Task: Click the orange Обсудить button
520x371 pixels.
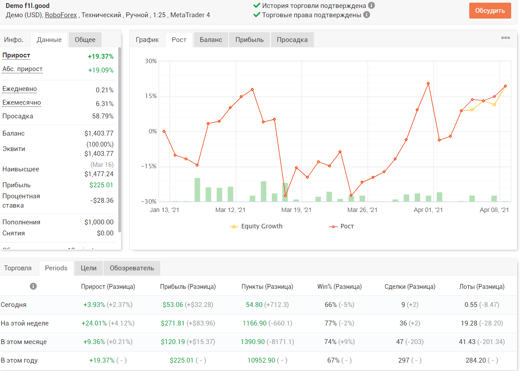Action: point(490,11)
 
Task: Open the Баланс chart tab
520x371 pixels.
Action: point(211,40)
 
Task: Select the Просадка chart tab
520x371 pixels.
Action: point(292,40)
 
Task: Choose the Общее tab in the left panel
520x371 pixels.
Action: point(85,40)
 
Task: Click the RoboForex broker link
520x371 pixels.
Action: point(60,15)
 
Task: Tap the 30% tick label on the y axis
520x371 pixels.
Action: point(151,61)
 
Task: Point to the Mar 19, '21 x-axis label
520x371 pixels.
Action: point(296,210)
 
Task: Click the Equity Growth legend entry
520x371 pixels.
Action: point(256,226)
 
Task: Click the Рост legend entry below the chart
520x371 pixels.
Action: point(341,226)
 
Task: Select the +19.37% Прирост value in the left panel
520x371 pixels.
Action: point(101,57)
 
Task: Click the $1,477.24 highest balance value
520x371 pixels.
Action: point(99,174)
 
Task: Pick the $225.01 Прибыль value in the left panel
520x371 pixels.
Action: point(101,185)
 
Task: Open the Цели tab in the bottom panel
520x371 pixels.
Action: point(89,268)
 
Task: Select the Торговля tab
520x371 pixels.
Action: point(18,268)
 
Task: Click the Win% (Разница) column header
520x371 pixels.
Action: point(339,287)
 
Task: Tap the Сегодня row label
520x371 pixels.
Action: point(14,305)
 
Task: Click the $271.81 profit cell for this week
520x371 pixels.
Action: point(173,323)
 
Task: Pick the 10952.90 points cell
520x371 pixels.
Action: point(261,360)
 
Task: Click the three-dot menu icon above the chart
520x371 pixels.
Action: point(505,38)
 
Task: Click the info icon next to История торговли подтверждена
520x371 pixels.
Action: point(371,5)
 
